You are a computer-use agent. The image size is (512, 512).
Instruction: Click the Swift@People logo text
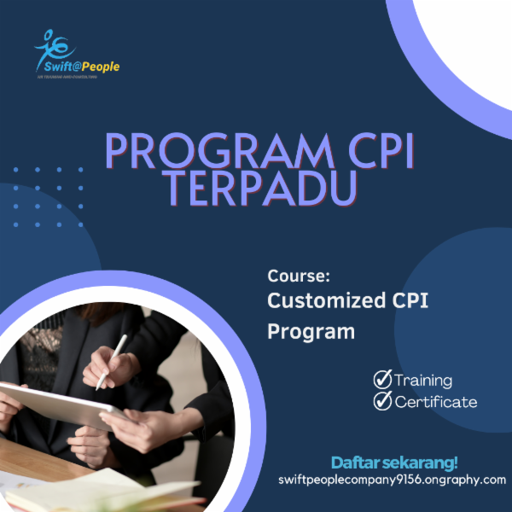coord(77,67)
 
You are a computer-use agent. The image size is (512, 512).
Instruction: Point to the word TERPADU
coord(259,189)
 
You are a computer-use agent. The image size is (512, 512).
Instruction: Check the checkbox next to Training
coord(382,380)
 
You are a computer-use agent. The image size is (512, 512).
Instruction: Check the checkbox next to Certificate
coord(382,401)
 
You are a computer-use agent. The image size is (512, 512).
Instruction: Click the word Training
coord(423,381)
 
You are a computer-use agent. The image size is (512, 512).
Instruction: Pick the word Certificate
coord(435,402)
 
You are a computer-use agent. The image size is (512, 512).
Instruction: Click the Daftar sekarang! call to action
coord(393,463)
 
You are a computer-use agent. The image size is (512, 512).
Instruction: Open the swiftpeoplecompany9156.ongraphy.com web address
coord(393,480)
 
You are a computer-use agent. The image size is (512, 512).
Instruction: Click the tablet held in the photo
coord(51,404)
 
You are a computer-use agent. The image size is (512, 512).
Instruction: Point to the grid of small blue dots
coord(49,196)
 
